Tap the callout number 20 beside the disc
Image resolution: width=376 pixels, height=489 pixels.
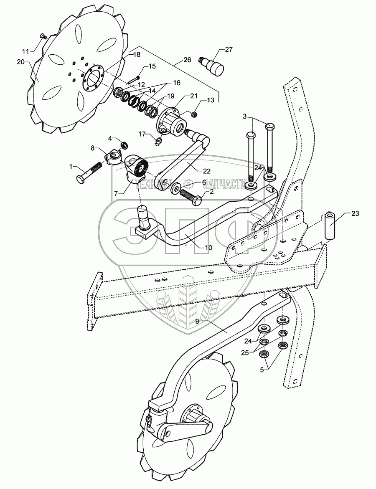point(20,61)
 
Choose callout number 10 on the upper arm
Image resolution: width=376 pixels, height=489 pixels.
point(208,247)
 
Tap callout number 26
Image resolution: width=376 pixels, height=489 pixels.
point(186,60)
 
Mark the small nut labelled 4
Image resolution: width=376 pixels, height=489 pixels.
point(124,145)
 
